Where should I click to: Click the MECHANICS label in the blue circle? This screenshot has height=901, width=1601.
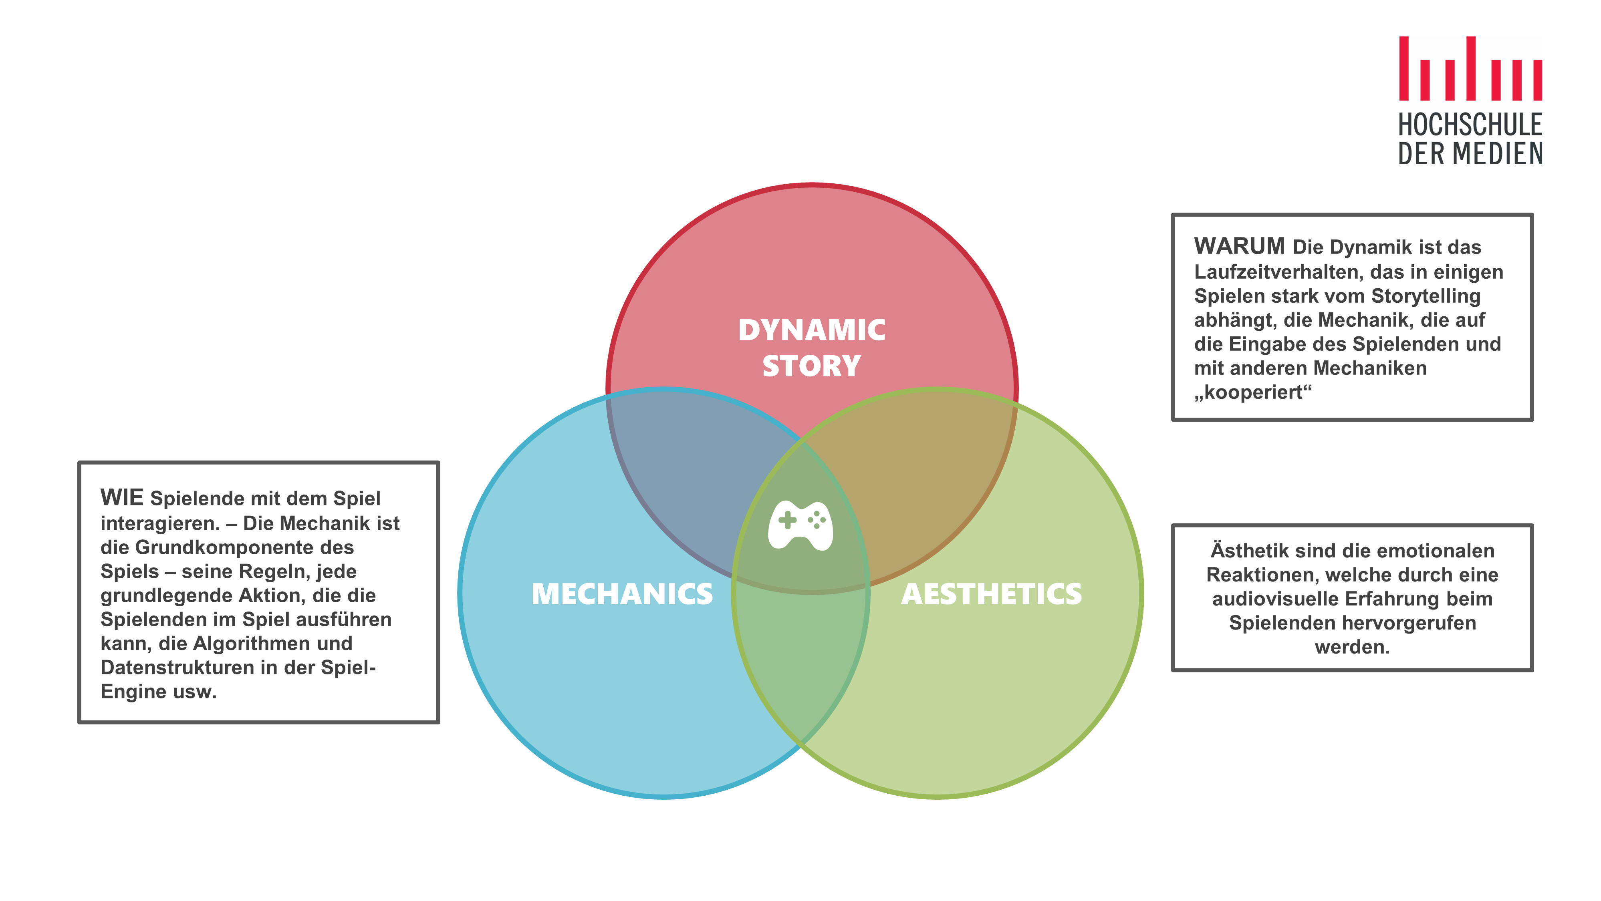pyautogui.click(x=622, y=594)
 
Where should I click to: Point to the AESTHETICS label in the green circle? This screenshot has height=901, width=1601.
pyautogui.click(x=991, y=594)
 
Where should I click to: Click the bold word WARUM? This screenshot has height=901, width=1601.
pyautogui.click(x=1239, y=247)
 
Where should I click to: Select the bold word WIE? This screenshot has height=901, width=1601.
pyautogui.click(x=122, y=498)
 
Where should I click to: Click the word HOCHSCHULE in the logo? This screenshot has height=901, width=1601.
pyautogui.click(x=1470, y=125)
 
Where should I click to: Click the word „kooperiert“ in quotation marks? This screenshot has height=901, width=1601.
pyautogui.click(x=1252, y=393)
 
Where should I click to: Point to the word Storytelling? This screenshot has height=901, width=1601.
pyautogui.click(x=1426, y=296)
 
